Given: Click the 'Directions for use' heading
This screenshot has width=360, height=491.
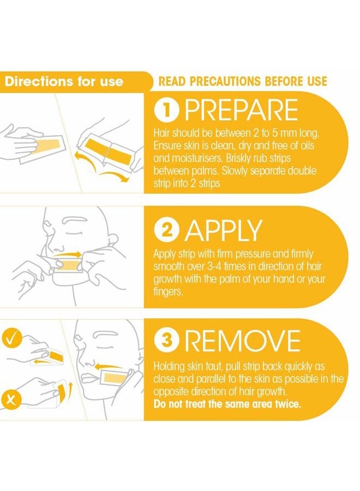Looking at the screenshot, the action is coord(64,82).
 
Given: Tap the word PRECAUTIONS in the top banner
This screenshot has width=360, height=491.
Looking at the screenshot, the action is coord(225,81).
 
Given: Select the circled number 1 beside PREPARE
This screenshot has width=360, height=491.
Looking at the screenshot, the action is coord(167,111).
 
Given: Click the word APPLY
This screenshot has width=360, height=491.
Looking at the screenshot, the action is coord(224,230).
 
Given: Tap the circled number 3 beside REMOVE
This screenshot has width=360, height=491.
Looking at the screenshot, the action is coord(167,340).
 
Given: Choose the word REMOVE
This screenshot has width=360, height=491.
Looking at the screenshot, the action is coord(243,340).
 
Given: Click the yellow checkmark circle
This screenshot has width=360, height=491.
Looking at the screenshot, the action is coord(11,338).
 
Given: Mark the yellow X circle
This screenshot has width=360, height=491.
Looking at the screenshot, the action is coord(11,399).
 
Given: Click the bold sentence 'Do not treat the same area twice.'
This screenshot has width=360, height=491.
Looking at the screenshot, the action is coord(227,404).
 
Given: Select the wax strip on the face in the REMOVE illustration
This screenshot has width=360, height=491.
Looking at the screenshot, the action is coord(113,379).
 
